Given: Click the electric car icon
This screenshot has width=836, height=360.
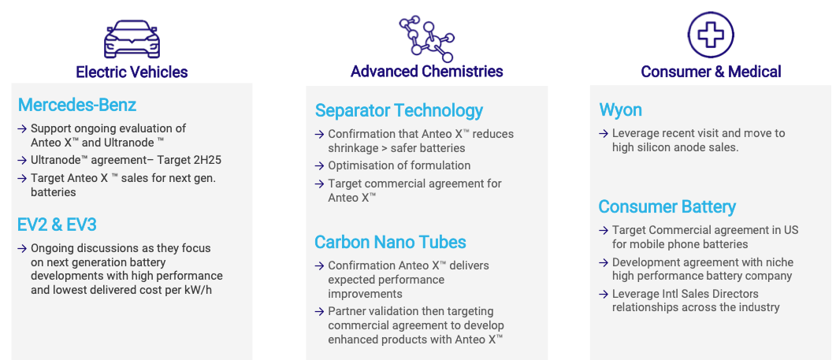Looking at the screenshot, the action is point(132,39).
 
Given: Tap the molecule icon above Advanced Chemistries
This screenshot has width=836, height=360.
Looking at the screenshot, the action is point(426,39).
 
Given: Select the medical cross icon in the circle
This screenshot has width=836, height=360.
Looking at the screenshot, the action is point(711,35).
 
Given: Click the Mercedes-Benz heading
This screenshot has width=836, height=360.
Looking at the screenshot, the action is point(77,105).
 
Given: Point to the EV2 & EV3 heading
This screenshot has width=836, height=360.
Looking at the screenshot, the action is point(57,225).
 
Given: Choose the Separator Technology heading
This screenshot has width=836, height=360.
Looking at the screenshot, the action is point(399,110).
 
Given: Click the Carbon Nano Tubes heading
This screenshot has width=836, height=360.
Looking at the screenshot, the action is point(390,242).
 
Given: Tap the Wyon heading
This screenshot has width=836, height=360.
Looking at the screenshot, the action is point(621,110).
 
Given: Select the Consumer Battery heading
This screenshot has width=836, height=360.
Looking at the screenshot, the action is point(667,206).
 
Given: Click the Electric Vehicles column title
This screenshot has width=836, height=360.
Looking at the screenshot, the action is point(132,72).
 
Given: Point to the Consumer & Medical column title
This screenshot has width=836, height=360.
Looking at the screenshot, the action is point(711,72).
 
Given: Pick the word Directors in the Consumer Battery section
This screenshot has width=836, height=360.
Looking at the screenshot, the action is point(736,294).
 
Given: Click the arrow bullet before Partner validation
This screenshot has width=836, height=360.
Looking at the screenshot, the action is point(319,311).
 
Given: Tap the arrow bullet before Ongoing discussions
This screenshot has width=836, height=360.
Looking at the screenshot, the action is point(22,248).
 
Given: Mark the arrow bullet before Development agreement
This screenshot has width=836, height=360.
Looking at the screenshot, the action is point(604,263).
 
